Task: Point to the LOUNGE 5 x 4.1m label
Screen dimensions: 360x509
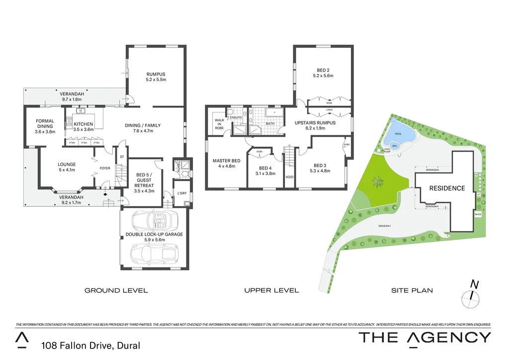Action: [x=67, y=167]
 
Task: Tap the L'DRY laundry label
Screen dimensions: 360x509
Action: [x=181, y=193]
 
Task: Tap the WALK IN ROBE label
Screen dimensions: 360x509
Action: [x=219, y=123]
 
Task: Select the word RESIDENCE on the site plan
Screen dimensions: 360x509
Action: [x=447, y=188]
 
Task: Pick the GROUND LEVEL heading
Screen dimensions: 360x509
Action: [x=116, y=290]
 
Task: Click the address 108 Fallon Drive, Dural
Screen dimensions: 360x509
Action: [x=91, y=345]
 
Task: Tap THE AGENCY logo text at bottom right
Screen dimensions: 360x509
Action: [x=424, y=337]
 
